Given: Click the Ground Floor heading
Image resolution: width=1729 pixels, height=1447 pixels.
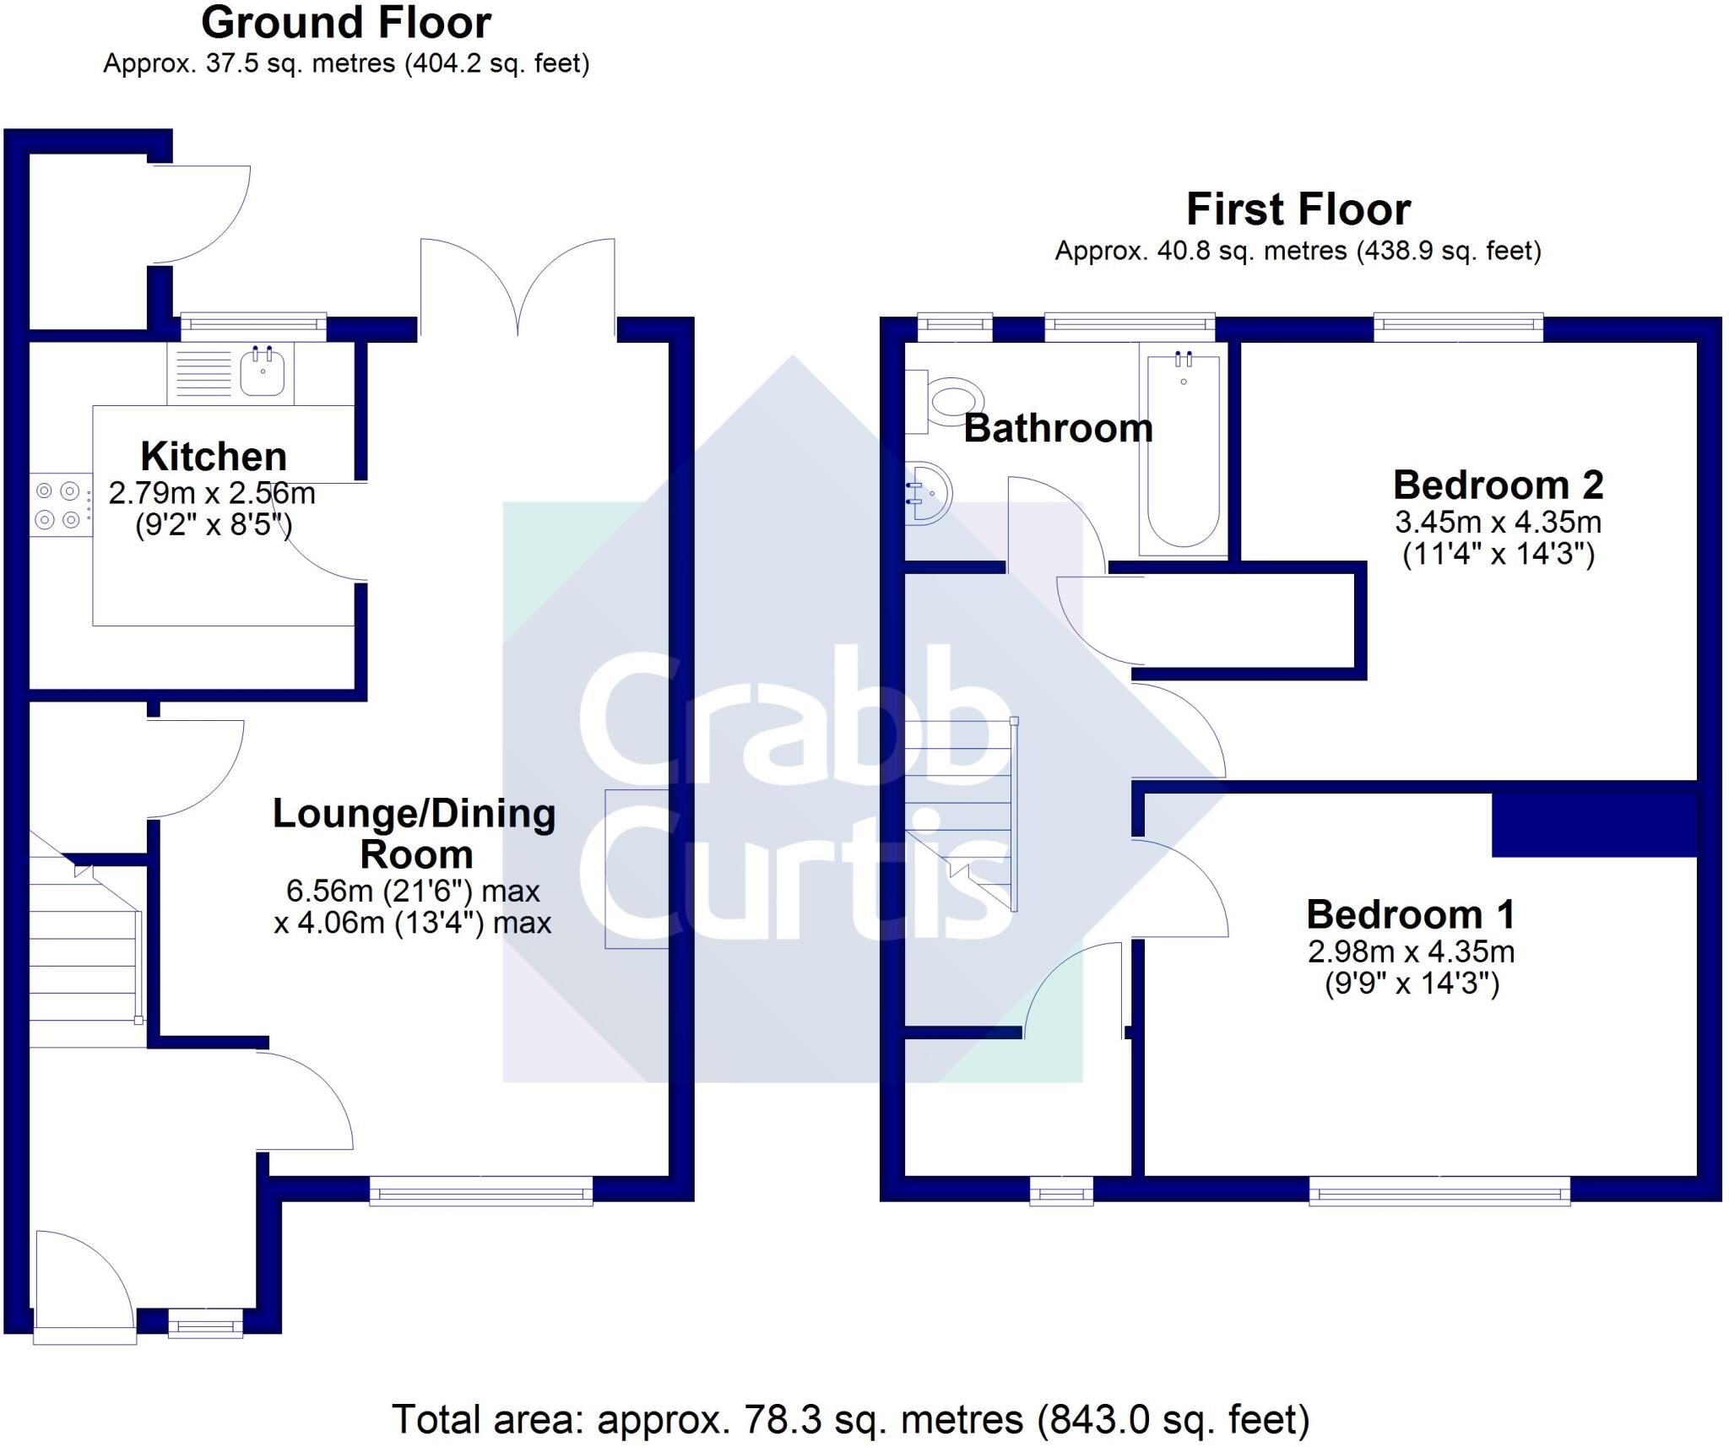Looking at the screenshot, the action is click(x=345, y=24).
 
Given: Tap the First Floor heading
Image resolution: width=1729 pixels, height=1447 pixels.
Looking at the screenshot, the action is click(x=1298, y=209).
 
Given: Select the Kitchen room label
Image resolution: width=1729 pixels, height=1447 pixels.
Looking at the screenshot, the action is click(x=214, y=457).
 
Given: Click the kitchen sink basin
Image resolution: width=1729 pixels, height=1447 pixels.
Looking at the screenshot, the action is click(x=263, y=372).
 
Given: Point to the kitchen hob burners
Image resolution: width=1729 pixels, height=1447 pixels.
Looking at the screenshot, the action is click(x=57, y=505).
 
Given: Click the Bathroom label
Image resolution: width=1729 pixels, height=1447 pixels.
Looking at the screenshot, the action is click(x=1058, y=429).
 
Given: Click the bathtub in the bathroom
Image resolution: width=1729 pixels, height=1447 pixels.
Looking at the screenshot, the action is click(x=1183, y=452).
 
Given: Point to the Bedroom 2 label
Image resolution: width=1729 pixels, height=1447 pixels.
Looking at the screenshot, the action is click(x=1498, y=485).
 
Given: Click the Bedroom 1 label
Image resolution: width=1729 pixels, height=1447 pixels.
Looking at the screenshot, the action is click(x=1410, y=914).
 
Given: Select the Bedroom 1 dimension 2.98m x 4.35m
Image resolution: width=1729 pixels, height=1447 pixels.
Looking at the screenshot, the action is click(x=1411, y=952).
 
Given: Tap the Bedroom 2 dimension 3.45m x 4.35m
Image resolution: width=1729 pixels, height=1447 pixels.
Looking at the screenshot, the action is click(x=1498, y=523).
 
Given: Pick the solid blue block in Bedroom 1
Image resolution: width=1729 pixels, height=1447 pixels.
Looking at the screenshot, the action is click(x=1594, y=825).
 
